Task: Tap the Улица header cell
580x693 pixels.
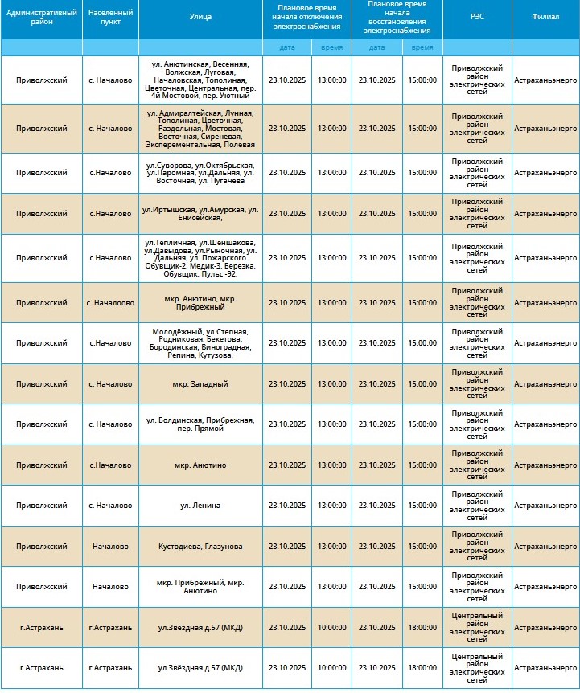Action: coord(200,17)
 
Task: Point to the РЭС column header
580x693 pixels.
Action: coord(477,17)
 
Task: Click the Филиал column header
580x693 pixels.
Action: coord(545,17)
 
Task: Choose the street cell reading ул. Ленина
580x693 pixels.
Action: coord(200,506)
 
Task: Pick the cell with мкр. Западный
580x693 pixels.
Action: coord(200,384)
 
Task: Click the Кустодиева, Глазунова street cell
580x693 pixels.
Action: coord(200,547)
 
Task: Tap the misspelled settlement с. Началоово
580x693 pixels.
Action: coord(110,303)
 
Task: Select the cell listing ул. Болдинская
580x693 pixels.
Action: coord(200,424)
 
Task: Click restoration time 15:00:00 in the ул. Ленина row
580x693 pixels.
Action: coord(422,506)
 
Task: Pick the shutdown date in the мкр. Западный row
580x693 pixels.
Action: coord(287,384)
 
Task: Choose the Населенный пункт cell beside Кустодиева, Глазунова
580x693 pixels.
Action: coord(110,547)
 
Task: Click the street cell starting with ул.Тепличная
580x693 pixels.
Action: coord(200,258)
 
